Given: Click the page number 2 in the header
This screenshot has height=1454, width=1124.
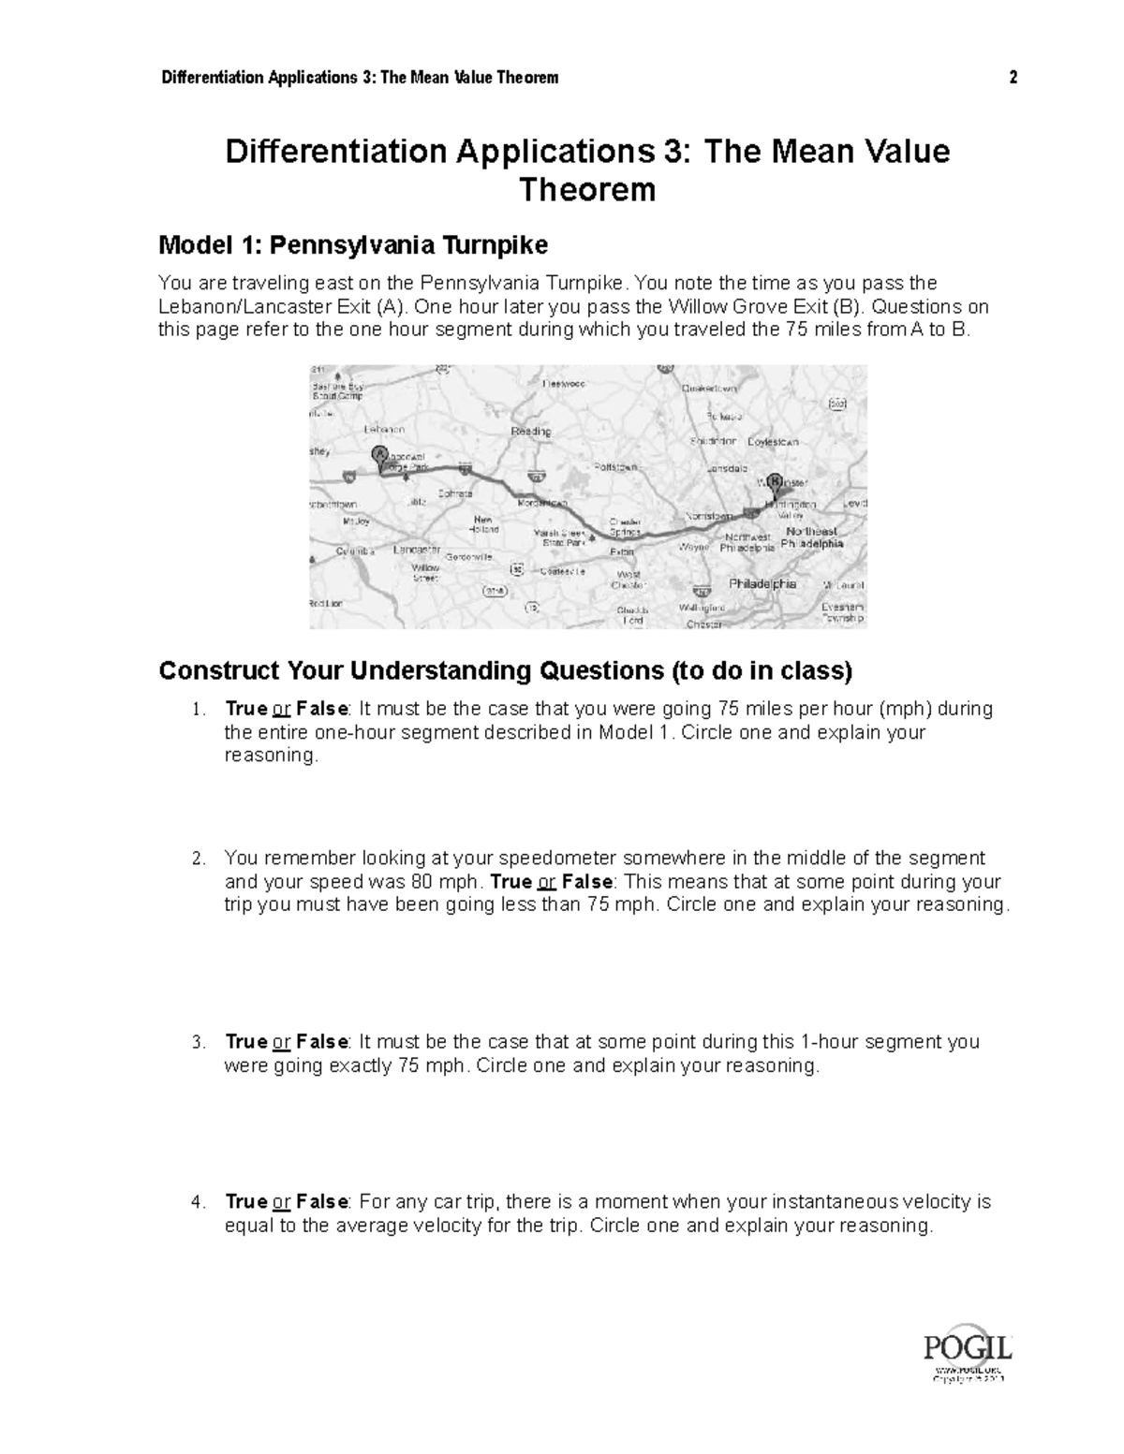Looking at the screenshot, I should [1013, 78].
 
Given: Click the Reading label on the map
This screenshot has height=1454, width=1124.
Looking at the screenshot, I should [530, 432].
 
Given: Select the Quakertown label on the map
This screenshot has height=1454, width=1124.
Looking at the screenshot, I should [709, 388].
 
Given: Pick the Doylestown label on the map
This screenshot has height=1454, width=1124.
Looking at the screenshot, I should [773, 441].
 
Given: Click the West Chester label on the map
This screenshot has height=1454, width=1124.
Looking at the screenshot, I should [628, 580].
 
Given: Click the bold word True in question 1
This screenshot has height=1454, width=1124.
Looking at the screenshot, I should [246, 709].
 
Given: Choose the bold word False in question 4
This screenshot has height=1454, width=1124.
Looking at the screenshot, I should [322, 1202].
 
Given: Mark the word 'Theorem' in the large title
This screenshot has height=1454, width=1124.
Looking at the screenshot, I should [587, 190].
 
